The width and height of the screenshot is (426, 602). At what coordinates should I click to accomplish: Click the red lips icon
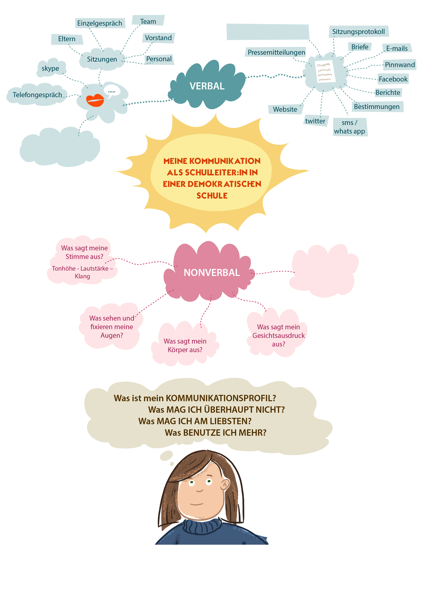tap(95, 100)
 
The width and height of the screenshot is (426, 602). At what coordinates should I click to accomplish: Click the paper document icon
tap(325, 71)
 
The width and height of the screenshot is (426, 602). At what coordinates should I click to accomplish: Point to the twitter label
tap(315, 121)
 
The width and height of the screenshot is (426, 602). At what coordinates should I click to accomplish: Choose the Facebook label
tap(393, 79)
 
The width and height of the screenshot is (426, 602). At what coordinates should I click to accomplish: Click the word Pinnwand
tap(400, 65)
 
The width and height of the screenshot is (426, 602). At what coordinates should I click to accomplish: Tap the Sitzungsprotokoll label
tap(358, 32)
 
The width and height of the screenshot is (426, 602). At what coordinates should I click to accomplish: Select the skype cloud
tap(51, 68)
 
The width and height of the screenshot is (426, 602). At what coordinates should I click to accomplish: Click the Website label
tap(285, 109)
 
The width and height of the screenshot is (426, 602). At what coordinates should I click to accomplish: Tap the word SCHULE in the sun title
tap(212, 196)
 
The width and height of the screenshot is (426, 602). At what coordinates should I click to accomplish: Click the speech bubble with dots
tap(112, 91)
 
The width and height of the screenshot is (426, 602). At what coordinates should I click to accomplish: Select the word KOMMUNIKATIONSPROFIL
tap(221, 398)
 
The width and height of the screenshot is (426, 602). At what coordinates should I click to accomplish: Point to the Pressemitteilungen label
tap(276, 53)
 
